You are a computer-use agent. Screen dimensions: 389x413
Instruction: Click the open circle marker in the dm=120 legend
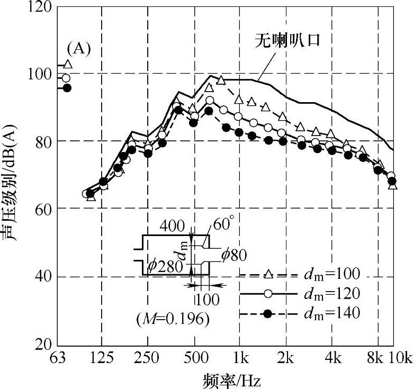(268, 293)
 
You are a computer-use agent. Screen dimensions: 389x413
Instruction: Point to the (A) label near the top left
(78, 49)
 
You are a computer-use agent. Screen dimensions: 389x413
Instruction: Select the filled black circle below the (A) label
(67, 87)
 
